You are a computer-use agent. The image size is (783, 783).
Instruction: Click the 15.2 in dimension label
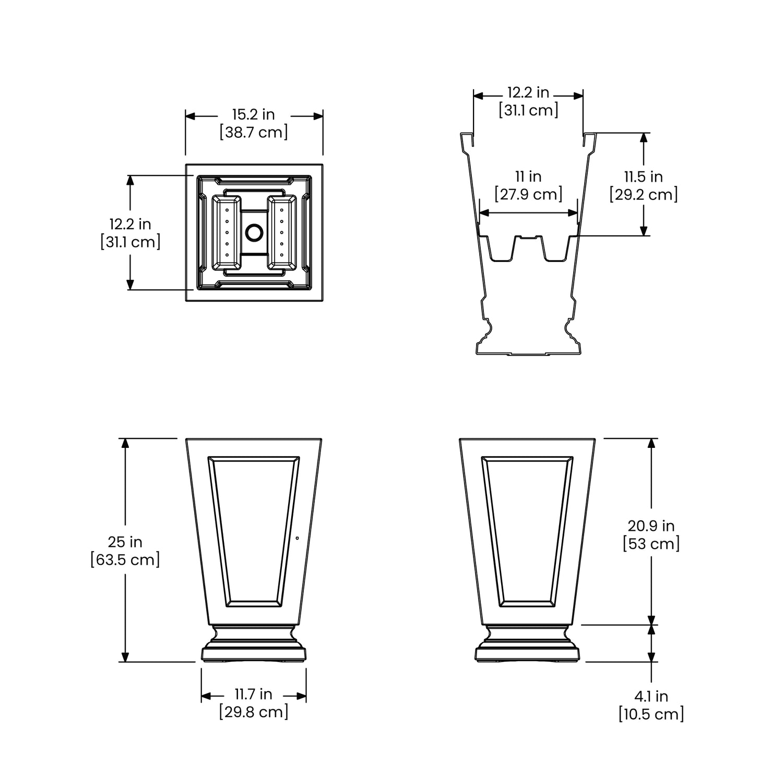click(254, 114)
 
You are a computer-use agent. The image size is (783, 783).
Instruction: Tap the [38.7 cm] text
click(254, 132)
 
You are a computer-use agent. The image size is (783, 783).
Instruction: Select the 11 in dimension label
click(528, 176)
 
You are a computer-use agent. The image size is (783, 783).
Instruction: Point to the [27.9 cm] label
click(528, 194)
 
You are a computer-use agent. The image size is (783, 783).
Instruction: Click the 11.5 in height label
click(643, 176)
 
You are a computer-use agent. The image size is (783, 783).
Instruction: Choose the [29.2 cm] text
click(643, 195)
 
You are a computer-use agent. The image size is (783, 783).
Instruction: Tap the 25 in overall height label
click(125, 542)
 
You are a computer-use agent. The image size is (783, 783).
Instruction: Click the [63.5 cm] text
click(125, 560)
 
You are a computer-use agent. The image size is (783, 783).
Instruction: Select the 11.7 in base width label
click(254, 694)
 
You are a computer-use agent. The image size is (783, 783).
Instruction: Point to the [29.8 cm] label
click(254, 712)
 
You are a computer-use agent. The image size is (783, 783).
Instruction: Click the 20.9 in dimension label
click(651, 526)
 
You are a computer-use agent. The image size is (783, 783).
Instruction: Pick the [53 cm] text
click(651, 543)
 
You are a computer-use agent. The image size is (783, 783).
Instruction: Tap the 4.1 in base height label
click(651, 696)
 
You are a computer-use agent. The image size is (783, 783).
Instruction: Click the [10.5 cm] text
click(651, 714)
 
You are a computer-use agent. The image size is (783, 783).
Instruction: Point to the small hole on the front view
click(297, 538)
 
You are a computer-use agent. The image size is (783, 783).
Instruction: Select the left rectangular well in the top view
click(227, 232)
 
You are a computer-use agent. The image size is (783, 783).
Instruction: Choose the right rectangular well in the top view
click(282, 232)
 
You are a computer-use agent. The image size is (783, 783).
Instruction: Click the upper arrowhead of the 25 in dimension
click(125, 443)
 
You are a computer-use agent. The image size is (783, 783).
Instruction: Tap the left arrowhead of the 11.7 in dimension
click(206, 696)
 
